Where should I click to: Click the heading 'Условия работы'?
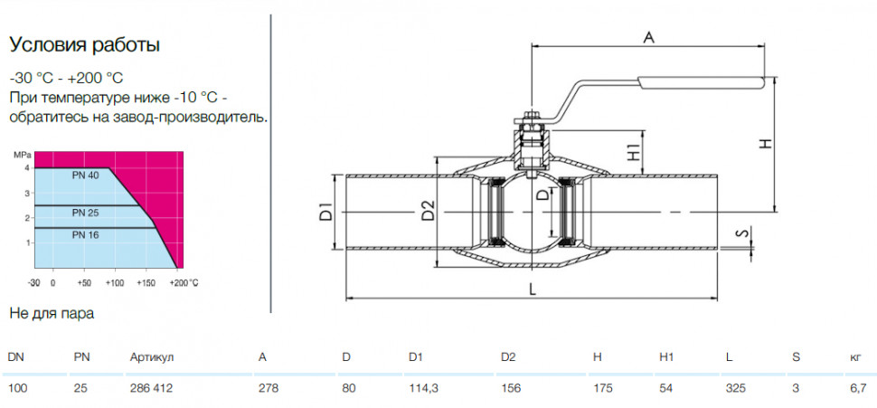(85, 45)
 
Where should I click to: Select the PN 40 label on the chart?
(85, 176)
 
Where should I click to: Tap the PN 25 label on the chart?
(85, 213)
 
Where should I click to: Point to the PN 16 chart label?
(85, 235)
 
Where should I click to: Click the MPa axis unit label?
(20, 155)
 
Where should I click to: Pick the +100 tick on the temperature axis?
(114, 282)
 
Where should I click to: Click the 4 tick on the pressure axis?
(25, 168)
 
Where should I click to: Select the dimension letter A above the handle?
(648, 37)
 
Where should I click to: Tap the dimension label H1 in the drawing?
(633, 152)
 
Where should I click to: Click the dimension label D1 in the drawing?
(326, 213)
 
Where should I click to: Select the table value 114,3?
(422, 388)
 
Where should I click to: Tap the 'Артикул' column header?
(152, 357)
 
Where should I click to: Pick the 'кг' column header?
(854, 357)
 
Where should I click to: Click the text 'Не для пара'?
(52, 313)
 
